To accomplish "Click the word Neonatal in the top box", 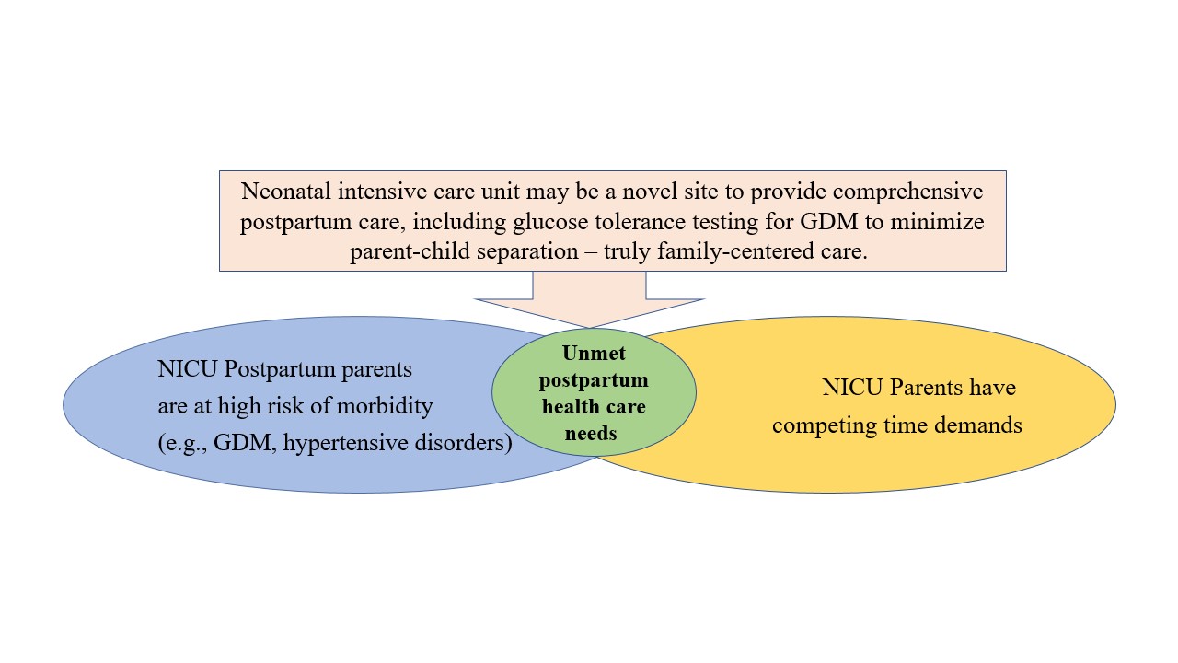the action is [x=285, y=191].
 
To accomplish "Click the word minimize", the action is [x=937, y=222].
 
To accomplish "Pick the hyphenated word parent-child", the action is [x=410, y=252].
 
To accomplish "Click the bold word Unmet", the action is [x=594, y=353].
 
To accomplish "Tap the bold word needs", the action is [x=591, y=434].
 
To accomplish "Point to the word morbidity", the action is [x=385, y=407].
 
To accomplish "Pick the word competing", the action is [x=824, y=426].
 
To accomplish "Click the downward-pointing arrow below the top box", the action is [x=589, y=299].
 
